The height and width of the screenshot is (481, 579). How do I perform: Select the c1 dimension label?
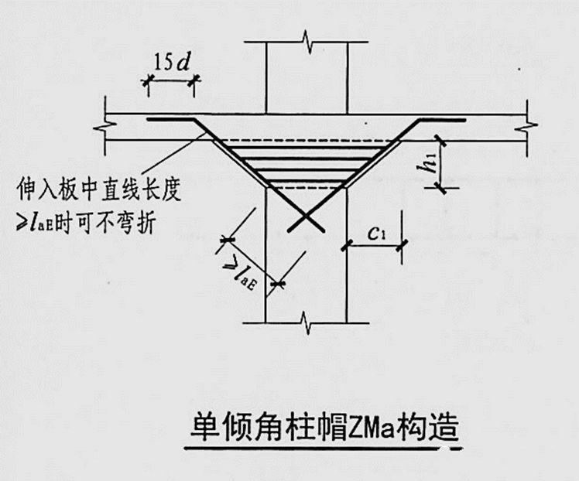378,232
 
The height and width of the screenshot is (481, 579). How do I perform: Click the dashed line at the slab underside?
306,140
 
